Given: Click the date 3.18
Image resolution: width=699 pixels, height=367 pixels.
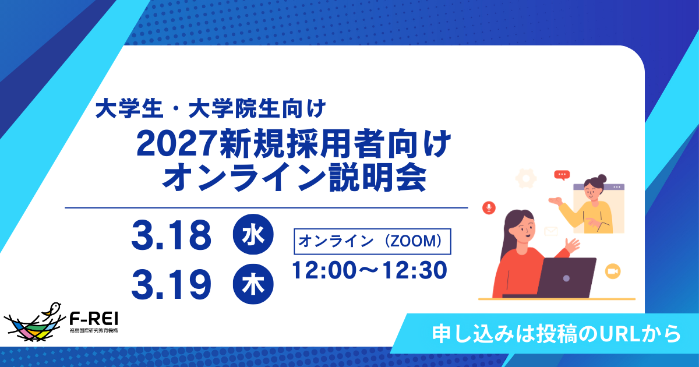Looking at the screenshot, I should point(171,236).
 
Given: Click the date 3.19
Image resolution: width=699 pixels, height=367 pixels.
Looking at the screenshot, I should point(171,284).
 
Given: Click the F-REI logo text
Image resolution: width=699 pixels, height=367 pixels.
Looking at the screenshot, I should point(94,319).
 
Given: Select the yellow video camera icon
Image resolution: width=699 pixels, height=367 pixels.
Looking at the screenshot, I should point(612,271).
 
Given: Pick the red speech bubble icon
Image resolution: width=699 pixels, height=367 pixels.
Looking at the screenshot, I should point(562,174).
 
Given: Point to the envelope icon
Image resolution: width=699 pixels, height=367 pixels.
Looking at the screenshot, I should point(551,231).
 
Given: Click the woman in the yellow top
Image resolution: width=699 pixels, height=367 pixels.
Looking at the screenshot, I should point(589,204).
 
